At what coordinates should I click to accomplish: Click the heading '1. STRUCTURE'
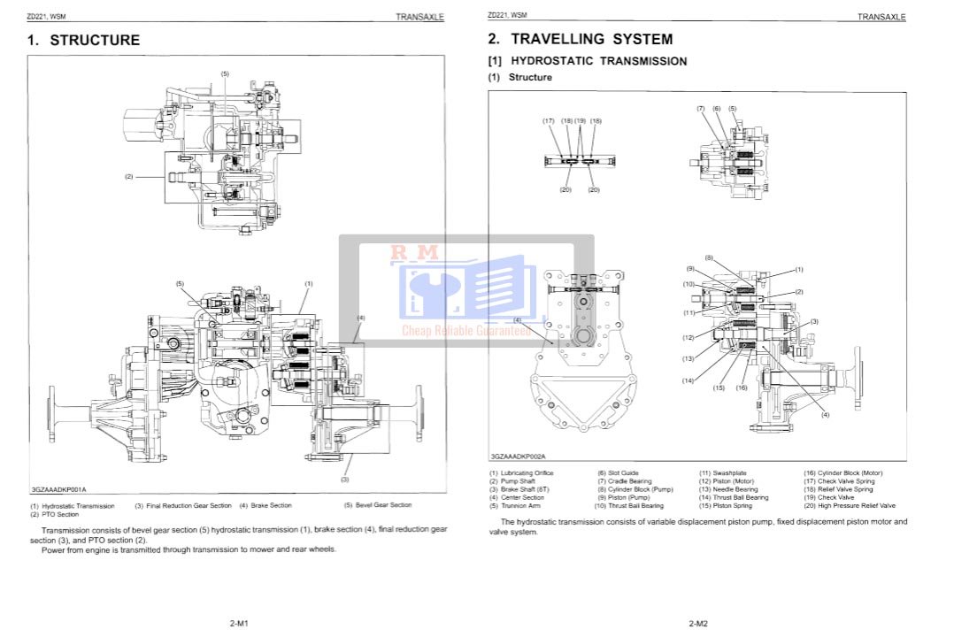[83, 40]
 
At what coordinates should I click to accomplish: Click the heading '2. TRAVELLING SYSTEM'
[580, 39]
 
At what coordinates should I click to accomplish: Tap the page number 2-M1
[238, 624]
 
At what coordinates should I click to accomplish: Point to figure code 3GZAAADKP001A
[58, 489]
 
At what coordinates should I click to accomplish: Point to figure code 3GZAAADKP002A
[519, 457]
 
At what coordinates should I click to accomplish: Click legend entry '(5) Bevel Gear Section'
[378, 505]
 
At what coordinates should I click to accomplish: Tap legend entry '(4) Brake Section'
[265, 505]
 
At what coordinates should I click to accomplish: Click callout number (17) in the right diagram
[549, 120]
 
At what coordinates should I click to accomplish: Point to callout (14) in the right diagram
[688, 380]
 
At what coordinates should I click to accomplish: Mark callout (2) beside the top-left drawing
[128, 176]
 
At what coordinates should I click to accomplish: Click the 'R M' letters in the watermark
[414, 253]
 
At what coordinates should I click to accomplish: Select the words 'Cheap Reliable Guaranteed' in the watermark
[466, 331]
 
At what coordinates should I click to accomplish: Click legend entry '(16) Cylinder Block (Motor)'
[842, 473]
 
